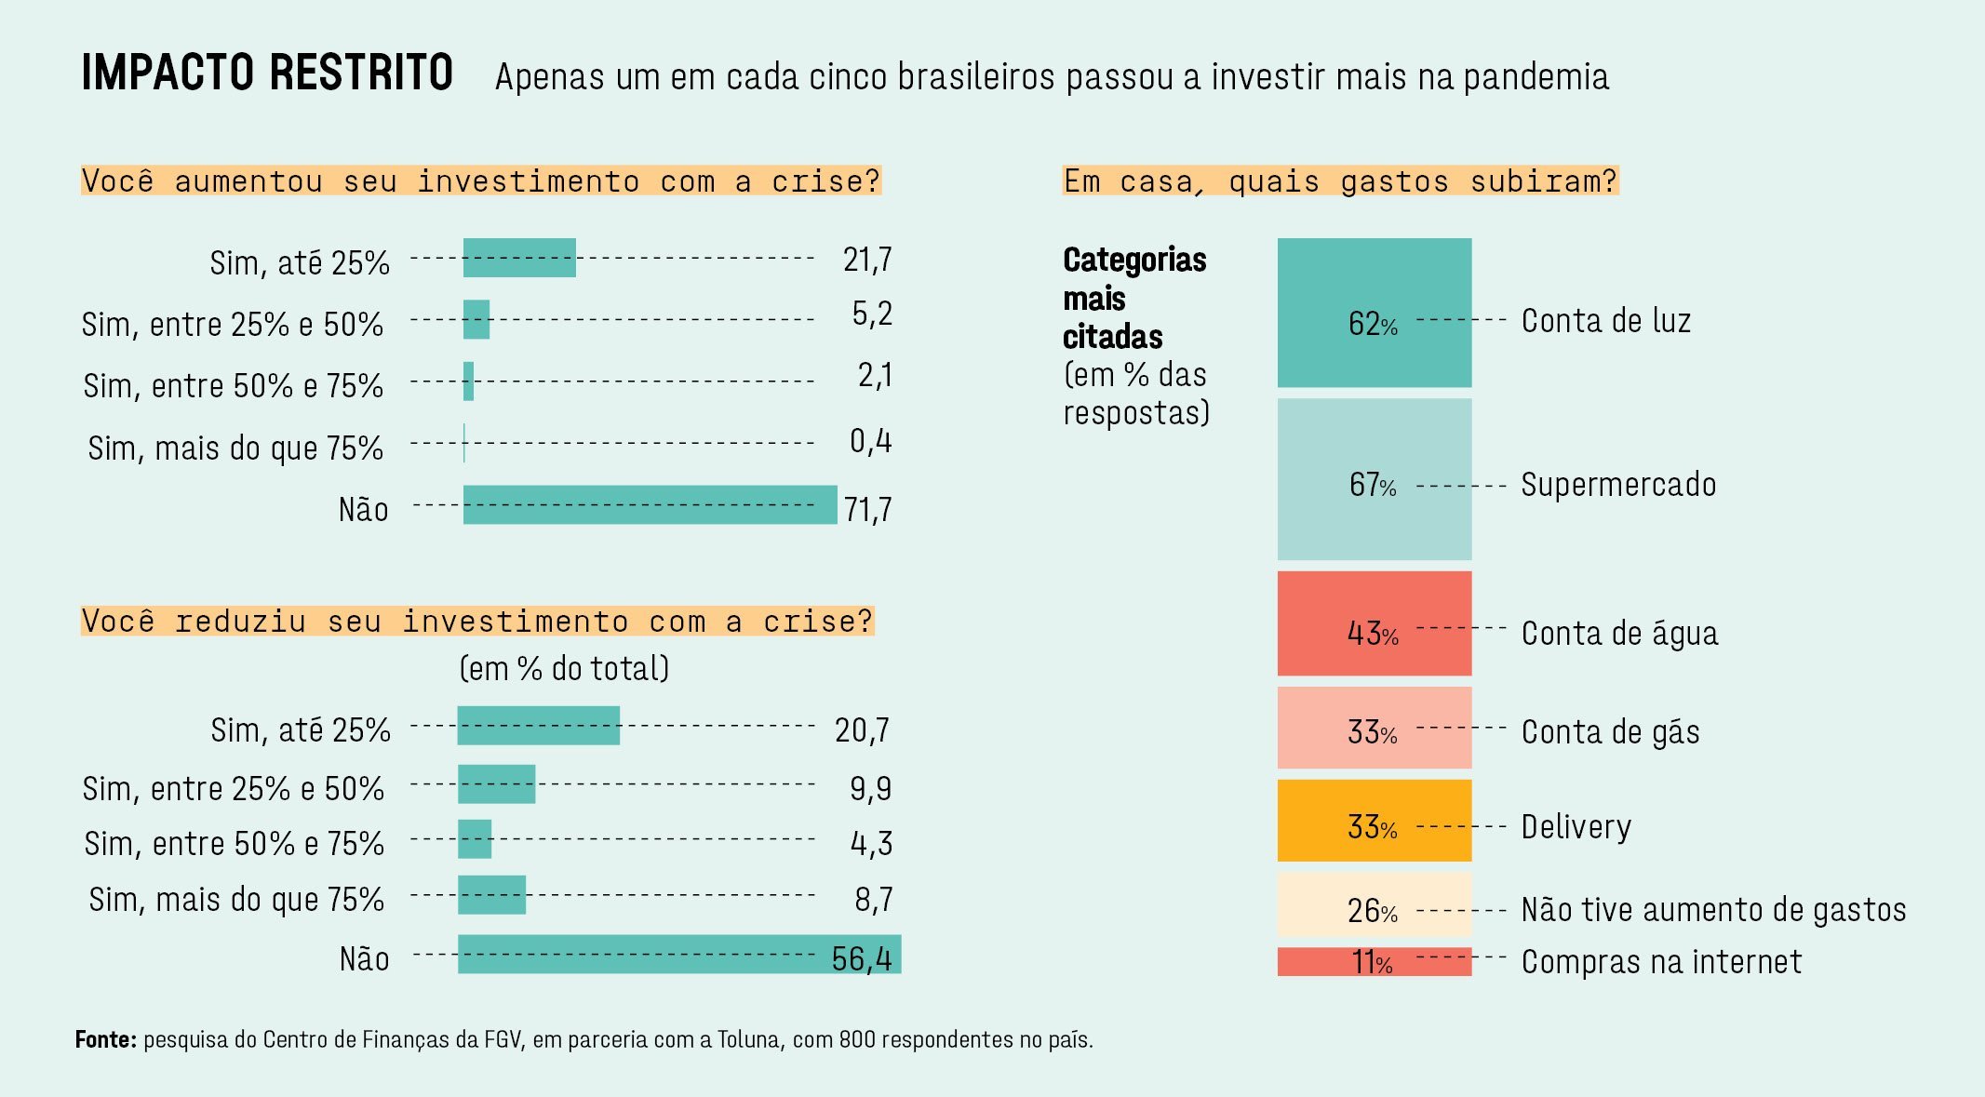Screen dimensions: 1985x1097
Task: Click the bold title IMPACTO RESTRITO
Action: coord(267,73)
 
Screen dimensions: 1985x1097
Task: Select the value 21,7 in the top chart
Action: coord(867,260)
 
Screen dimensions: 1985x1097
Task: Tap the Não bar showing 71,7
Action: coord(650,505)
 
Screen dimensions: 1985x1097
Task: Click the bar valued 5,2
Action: coord(476,319)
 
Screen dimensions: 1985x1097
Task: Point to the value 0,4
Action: coord(871,440)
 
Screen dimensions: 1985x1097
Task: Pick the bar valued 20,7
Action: coord(539,726)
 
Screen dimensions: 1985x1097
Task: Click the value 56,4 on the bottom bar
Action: coord(862,958)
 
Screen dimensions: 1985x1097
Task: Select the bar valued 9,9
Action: coord(497,784)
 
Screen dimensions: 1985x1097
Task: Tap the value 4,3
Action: coord(871,843)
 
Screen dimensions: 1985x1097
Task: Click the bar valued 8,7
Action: coord(492,895)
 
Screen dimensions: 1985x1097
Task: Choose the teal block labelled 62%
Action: coord(1375,313)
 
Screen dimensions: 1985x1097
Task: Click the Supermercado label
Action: coord(1618,485)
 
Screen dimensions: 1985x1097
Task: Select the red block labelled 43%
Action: coord(1375,623)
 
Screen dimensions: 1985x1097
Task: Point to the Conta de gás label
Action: coord(1610,732)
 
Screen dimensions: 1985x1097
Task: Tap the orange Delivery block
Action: coord(1375,821)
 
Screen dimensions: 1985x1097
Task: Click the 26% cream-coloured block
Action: coord(1375,904)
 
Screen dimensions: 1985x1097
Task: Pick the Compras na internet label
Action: coord(1661,961)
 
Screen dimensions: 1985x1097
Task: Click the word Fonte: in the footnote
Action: coord(106,1039)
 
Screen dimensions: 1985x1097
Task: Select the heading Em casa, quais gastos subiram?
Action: coord(1340,181)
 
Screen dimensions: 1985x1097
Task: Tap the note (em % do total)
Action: coord(564,668)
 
